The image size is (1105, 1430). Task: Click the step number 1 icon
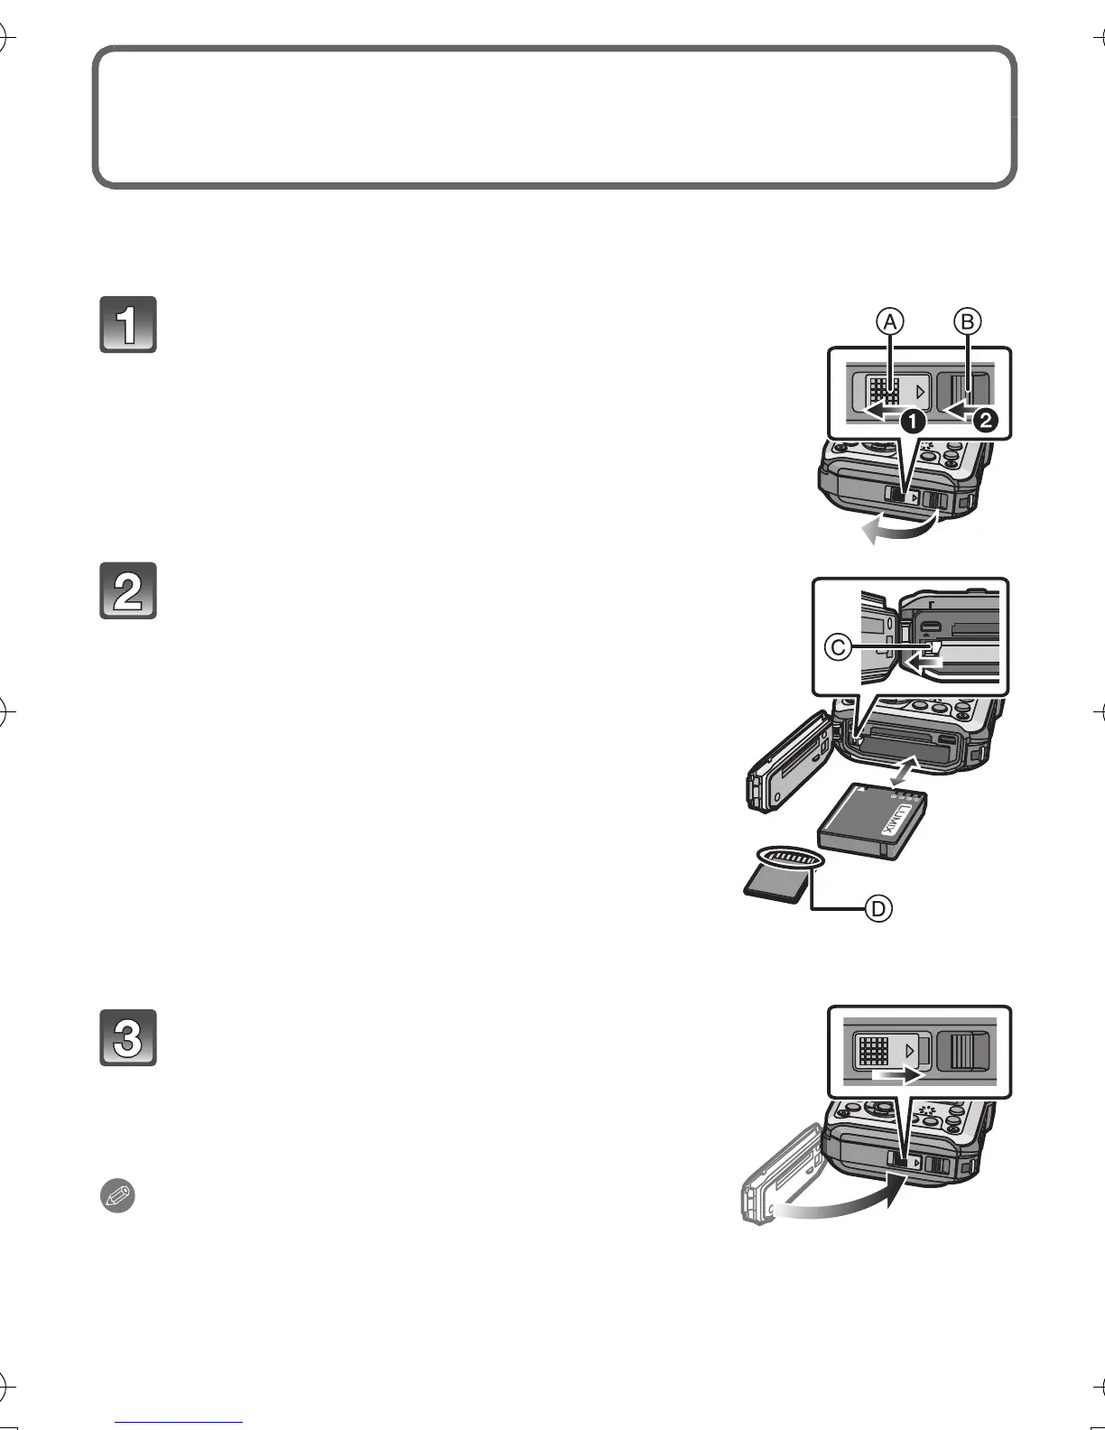tap(128, 324)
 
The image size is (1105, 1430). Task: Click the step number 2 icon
tap(128, 590)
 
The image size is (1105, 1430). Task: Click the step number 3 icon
tap(128, 1037)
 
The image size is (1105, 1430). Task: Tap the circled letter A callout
tap(889, 320)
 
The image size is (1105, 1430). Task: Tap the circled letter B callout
tap(967, 320)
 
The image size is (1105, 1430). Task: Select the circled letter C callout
tap(839, 646)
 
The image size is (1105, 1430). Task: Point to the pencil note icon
tap(116, 1198)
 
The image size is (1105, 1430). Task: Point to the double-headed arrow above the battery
tap(905, 771)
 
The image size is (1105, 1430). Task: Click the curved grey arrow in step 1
tap(899, 530)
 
